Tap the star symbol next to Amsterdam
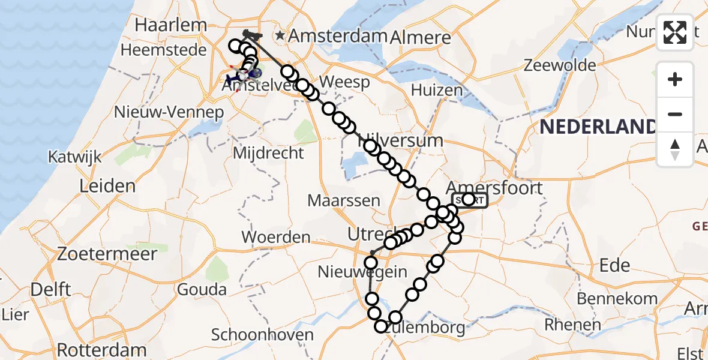point(280,36)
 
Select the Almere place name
point(420,37)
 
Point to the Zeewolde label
point(560,65)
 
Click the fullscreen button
point(675,32)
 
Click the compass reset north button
point(675,149)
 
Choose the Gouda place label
point(202,290)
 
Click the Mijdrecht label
point(268,153)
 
